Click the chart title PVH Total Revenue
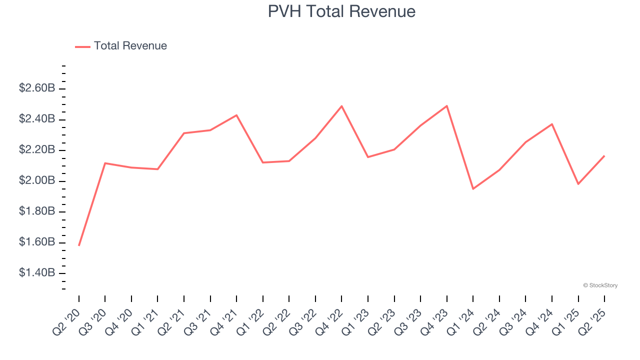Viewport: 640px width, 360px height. (341, 11)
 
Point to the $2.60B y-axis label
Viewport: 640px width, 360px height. (37, 88)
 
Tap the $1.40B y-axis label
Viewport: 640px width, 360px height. (37, 273)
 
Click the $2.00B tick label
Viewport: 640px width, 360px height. (37, 180)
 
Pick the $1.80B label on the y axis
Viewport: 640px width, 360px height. (37, 211)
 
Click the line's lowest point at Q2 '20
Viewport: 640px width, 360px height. (79, 245)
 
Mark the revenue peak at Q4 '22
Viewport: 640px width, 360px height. (341, 106)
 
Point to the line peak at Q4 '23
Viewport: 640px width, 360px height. (446, 106)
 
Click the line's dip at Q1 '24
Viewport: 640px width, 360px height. (473, 188)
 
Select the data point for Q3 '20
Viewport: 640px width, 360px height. (105, 163)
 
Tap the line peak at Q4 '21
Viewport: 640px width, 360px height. (236, 115)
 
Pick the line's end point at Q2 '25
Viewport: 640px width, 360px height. (604, 156)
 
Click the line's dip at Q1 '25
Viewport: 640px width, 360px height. (578, 184)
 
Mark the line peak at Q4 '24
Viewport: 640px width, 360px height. (552, 124)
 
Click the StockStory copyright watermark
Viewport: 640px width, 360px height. (600, 285)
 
